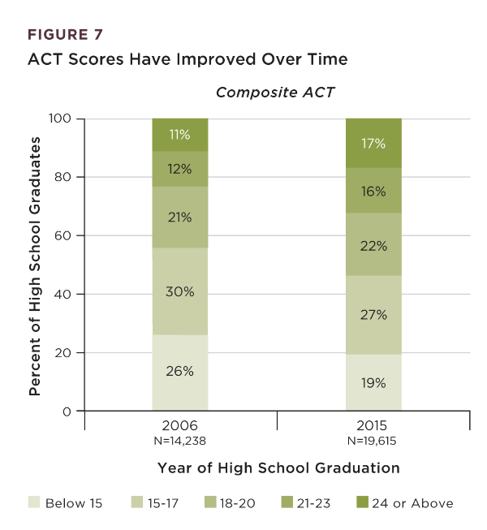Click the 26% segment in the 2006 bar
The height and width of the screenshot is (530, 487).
coord(180,373)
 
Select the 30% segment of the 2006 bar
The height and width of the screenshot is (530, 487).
coord(180,291)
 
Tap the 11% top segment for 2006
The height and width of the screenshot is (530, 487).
coord(180,135)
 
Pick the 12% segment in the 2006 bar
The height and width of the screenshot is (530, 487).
coord(180,169)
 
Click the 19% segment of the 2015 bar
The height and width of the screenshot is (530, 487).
coord(374,382)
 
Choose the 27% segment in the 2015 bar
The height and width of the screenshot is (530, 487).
coord(374,315)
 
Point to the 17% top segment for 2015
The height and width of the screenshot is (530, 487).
coord(374,144)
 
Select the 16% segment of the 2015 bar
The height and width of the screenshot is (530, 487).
coord(374,191)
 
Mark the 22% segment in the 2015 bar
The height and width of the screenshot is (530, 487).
coord(374,244)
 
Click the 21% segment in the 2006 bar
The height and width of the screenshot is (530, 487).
coord(180,218)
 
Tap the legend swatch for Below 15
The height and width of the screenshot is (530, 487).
coord(33,503)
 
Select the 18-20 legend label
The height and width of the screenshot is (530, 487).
coord(236,503)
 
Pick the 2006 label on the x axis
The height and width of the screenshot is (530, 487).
coord(180,425)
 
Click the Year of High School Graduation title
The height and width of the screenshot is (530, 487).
coord(278,468)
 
